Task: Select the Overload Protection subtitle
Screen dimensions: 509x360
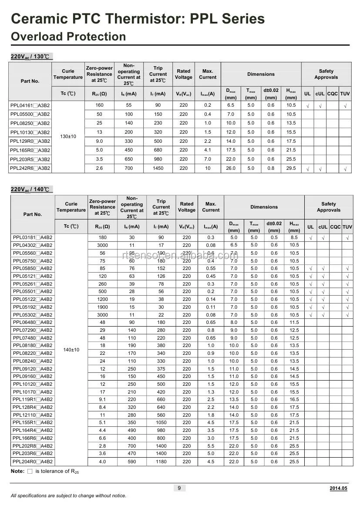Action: click(68, 37)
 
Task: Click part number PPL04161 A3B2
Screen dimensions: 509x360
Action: click(30, 105)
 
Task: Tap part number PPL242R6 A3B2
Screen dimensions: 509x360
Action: click(30, 169)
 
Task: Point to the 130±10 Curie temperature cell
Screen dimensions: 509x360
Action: click(68, 137)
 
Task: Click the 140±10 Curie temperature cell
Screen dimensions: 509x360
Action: click(71, 350)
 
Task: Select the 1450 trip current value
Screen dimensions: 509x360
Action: click(158, 169)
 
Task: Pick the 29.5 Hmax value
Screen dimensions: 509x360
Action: click(291, 169)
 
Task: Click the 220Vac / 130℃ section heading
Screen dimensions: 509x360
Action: click(30, 57)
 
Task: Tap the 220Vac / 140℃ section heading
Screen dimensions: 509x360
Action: click(30, 189)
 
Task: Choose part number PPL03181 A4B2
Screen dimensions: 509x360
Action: click(32, 238)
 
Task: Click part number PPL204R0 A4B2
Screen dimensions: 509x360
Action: click(32, 462)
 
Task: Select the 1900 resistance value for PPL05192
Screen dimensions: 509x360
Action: click(102, 307)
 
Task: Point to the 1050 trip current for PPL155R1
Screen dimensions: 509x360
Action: click(161, 422)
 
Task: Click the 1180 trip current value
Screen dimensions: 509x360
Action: click(161, 462)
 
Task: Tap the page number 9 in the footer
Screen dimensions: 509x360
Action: click(179, 488)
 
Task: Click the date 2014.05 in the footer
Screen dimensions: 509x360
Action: click(338, 489)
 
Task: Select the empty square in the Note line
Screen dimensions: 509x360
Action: click(30, 472)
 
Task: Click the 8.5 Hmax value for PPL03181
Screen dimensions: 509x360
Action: click(294, 238)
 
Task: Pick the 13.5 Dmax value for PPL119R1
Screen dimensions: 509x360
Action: click(234, 399)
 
